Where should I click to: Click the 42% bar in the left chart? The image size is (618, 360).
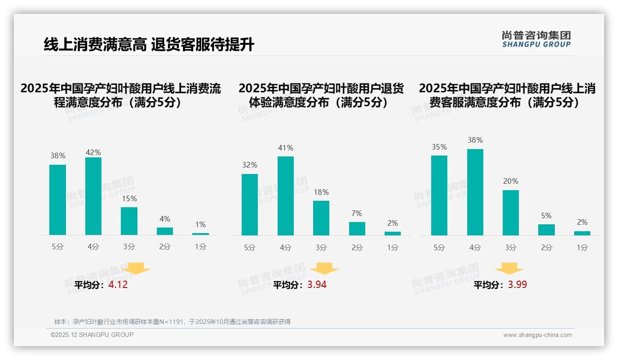pyautogui.click(x=93, y=196)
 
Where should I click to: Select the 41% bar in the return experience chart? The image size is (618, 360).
pyautogui.click(x=285, y=196)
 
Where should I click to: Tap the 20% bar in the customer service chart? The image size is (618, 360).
pyautogui.click(x=511, y=213)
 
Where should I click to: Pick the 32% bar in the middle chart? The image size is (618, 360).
pyautogui.click(x=250, y=204)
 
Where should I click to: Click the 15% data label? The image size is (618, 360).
pyautogui.click(x=129, y=199)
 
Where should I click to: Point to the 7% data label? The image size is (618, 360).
pyautogui.click(x=357, y=214)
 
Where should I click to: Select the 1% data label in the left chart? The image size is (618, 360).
pyautogui.click(x=200, y=225)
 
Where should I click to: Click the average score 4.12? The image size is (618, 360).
pyautogui.click(x=118, y=285)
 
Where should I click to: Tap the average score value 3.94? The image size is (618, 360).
pyautogui.click(x=317, y=285)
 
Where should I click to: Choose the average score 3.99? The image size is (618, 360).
pyautogui.click(x=517, y=285)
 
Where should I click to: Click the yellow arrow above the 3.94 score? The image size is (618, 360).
pyautogui.click(x=324, y=269)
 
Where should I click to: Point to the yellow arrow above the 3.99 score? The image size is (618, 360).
pyautogui.click(x=509, y=269)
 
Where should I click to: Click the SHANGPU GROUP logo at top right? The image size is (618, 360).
pyautogui.click(x=536, y=39)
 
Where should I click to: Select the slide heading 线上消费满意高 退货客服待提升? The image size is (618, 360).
pyautogui.click(x=149, y=45)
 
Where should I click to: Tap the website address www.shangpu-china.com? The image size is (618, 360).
pyautogui.click(x=537, y=335)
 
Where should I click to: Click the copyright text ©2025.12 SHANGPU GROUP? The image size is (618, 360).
pyautogui.click(x=92, y=335)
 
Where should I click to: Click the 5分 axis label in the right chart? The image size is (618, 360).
pyautogui.click(x=439, y=247)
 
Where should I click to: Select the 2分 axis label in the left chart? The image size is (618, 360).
pyautogui.click(x=165, y=247)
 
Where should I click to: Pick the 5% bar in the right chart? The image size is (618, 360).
pyautogui.click(x=547, y=230)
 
